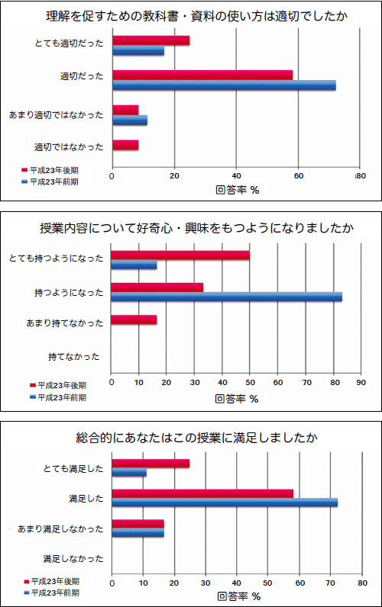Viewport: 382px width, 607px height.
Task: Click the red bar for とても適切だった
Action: point(151,40)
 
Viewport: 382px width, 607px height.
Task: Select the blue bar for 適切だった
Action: point(224,85)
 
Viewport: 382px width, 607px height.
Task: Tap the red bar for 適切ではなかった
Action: point(125,146)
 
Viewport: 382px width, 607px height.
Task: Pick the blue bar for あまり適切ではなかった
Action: point(130,120)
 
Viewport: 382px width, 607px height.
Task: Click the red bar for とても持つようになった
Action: point(180,255)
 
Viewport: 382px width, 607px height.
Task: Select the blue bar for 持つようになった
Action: point(226,297)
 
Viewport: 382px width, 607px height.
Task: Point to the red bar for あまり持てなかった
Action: point(134,320)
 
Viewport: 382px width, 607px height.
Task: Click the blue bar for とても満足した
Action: point(129,473)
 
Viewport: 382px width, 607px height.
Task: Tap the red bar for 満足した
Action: point(202,493)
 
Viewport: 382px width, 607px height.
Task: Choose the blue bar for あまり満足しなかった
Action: point(138,533)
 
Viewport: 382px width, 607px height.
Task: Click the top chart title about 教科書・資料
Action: point(196,17)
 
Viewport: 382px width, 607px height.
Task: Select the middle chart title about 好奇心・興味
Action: point(196,228)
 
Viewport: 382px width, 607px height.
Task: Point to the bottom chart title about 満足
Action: point(196,438)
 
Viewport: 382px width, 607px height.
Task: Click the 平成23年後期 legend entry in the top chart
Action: point(50,170)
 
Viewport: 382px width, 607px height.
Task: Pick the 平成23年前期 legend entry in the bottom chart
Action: point(52,593)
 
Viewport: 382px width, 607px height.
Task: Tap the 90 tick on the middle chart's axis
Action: point(361,383)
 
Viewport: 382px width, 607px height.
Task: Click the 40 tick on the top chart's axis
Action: point(236,175)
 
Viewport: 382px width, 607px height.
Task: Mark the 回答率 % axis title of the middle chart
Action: point(237,399)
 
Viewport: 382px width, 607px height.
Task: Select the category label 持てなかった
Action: point(74,357)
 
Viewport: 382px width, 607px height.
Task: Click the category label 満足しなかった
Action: point(73,559)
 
